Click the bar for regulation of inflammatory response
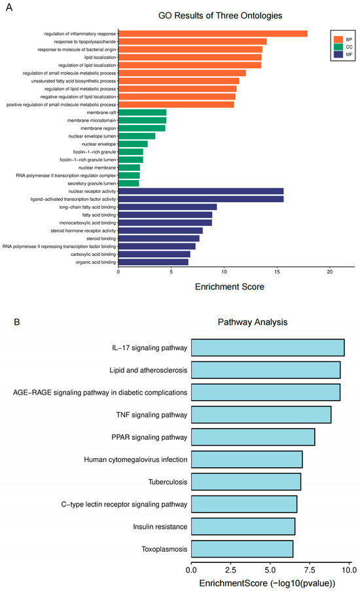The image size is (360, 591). [213, 34]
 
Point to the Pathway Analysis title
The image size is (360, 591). [251, 323]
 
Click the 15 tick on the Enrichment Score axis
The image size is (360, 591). [277, 271]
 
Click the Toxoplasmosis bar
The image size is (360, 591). [242, 548]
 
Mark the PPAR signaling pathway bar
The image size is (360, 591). [253, 437]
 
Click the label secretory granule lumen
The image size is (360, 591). [88, 183]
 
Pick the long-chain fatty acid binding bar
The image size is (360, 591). [168, 207]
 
